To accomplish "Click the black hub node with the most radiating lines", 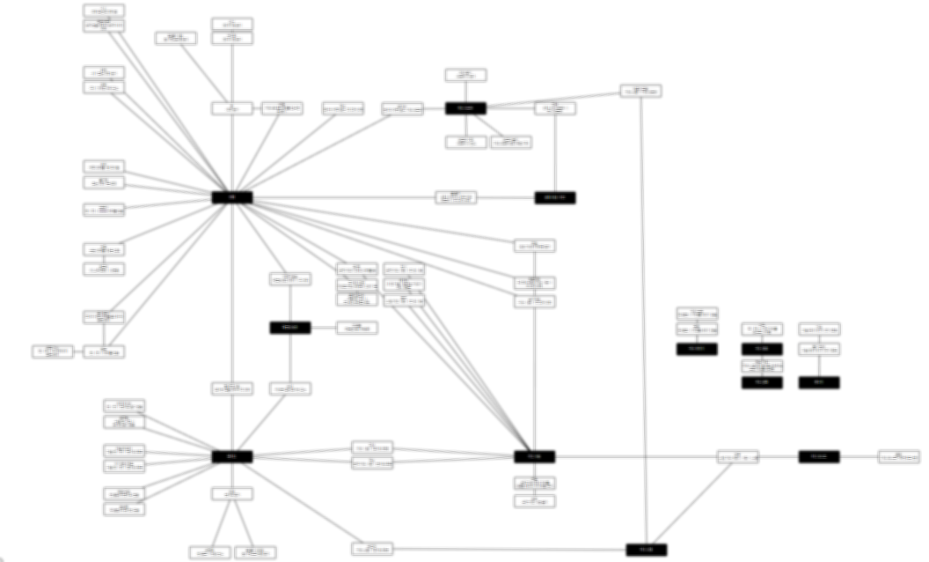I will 232,197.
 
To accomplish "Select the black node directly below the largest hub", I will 232,457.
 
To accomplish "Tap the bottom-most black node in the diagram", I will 646,550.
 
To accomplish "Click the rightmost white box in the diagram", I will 899,457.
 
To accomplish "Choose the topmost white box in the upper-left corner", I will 104,11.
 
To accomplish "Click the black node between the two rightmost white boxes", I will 819,457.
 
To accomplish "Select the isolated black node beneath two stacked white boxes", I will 697,349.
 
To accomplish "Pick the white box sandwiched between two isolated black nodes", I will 762,366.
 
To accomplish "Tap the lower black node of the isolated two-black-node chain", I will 762,382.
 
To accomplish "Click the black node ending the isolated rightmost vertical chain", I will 819,382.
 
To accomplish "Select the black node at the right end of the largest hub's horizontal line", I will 555,198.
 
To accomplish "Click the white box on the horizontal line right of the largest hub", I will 456,198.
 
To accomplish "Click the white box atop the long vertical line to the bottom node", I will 640,91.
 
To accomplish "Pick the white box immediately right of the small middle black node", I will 357,328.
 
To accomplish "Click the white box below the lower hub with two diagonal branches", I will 232,494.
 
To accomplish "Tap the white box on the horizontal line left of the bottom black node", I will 372,549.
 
